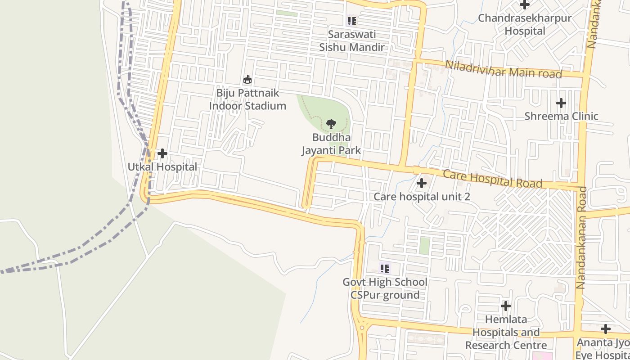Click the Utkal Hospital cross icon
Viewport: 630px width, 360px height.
click(x=162, y=154)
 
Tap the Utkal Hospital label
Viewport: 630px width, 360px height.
click(x=162, y=167)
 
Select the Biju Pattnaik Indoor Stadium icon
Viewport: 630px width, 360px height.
click(x=247, y=80)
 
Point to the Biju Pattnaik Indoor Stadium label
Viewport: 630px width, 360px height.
click(x=247, y=99)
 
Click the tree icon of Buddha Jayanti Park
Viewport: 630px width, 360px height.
click(x=331, y=124)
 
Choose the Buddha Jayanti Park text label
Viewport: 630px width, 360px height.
click(x=331, y=144)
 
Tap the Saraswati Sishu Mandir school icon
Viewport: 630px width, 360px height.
click(x=351, y=21)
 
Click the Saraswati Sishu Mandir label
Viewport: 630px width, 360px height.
click(x=352, y=40)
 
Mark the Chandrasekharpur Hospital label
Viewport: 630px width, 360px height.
click(x=525, y=25)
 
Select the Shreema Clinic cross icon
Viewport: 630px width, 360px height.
click(x=561, y=103)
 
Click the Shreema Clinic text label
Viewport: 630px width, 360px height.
click(x=561, y=116)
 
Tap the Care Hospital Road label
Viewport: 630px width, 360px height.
click(x=493, y=179)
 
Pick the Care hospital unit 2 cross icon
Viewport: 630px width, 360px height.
click(x=422, y=183)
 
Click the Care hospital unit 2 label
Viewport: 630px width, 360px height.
click(x=422, y=197)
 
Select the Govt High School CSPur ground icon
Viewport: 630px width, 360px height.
click(x=384, y=269)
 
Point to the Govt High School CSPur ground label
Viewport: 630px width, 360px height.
click(x=385, y=288)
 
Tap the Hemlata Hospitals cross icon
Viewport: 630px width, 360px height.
click(x=506, y=306)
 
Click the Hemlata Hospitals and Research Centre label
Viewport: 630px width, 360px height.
click(x=506, y=333)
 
